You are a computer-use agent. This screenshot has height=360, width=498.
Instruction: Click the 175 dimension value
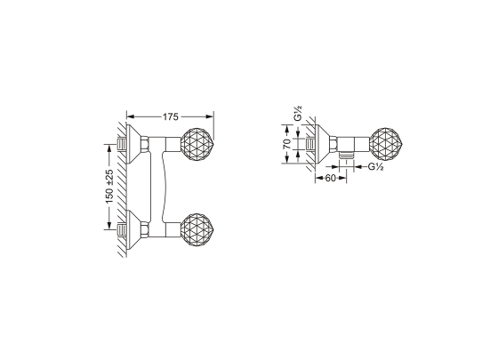[171, 116]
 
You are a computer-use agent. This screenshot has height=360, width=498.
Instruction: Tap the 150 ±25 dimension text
[109, 187]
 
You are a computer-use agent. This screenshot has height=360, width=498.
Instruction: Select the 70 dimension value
[286, 144]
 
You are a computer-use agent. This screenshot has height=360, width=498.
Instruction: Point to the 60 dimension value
[330, 178]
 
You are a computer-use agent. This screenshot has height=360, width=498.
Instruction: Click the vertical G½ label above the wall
[298, 114]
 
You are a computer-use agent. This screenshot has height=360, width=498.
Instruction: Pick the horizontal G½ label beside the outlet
[376, 167]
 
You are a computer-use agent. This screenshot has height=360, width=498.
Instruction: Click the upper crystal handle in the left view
[197, 143]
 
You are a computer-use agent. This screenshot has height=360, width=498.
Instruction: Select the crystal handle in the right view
[386, 144]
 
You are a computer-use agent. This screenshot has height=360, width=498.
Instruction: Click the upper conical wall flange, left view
[134, 144]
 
